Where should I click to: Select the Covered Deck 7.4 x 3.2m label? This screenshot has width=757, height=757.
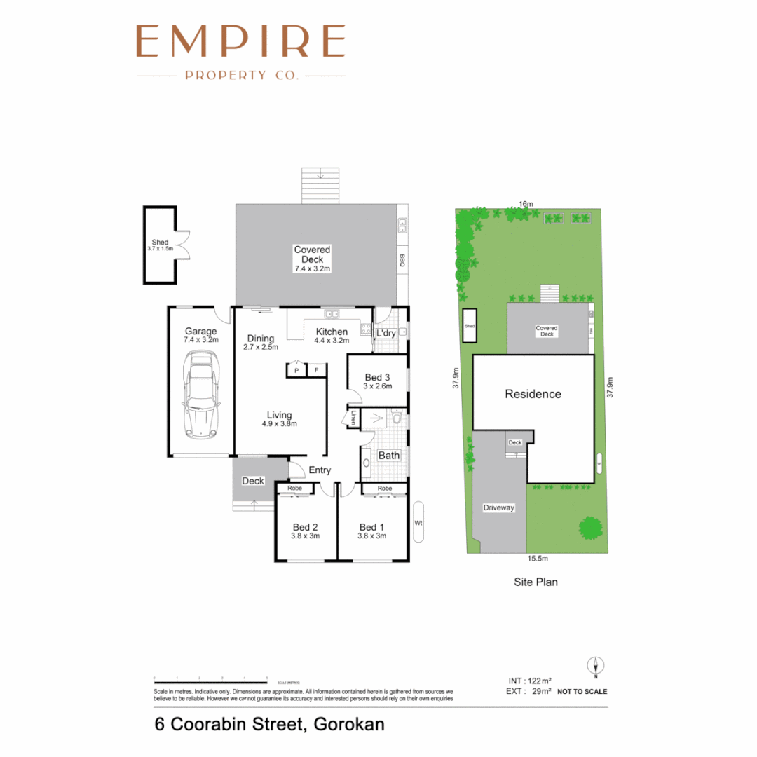click(312, 259)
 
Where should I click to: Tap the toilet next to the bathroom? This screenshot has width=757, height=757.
click(397, 419)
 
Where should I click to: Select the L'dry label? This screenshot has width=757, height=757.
click(386, 333)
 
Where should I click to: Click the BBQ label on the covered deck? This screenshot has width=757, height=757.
click(402, 260)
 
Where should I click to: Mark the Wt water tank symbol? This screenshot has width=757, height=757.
click(418, 521)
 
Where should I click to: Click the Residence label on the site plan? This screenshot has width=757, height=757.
click(533, 394)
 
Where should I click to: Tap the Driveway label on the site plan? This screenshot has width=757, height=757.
click(498, 507)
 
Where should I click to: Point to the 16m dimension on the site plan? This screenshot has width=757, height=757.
click(526, 204)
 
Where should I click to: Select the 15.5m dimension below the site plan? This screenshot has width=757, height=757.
click(537, 559)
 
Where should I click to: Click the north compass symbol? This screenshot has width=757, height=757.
click(595, 665)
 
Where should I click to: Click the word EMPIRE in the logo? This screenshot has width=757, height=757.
click(240, 41)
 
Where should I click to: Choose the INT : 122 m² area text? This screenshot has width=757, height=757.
click(530, 681)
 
